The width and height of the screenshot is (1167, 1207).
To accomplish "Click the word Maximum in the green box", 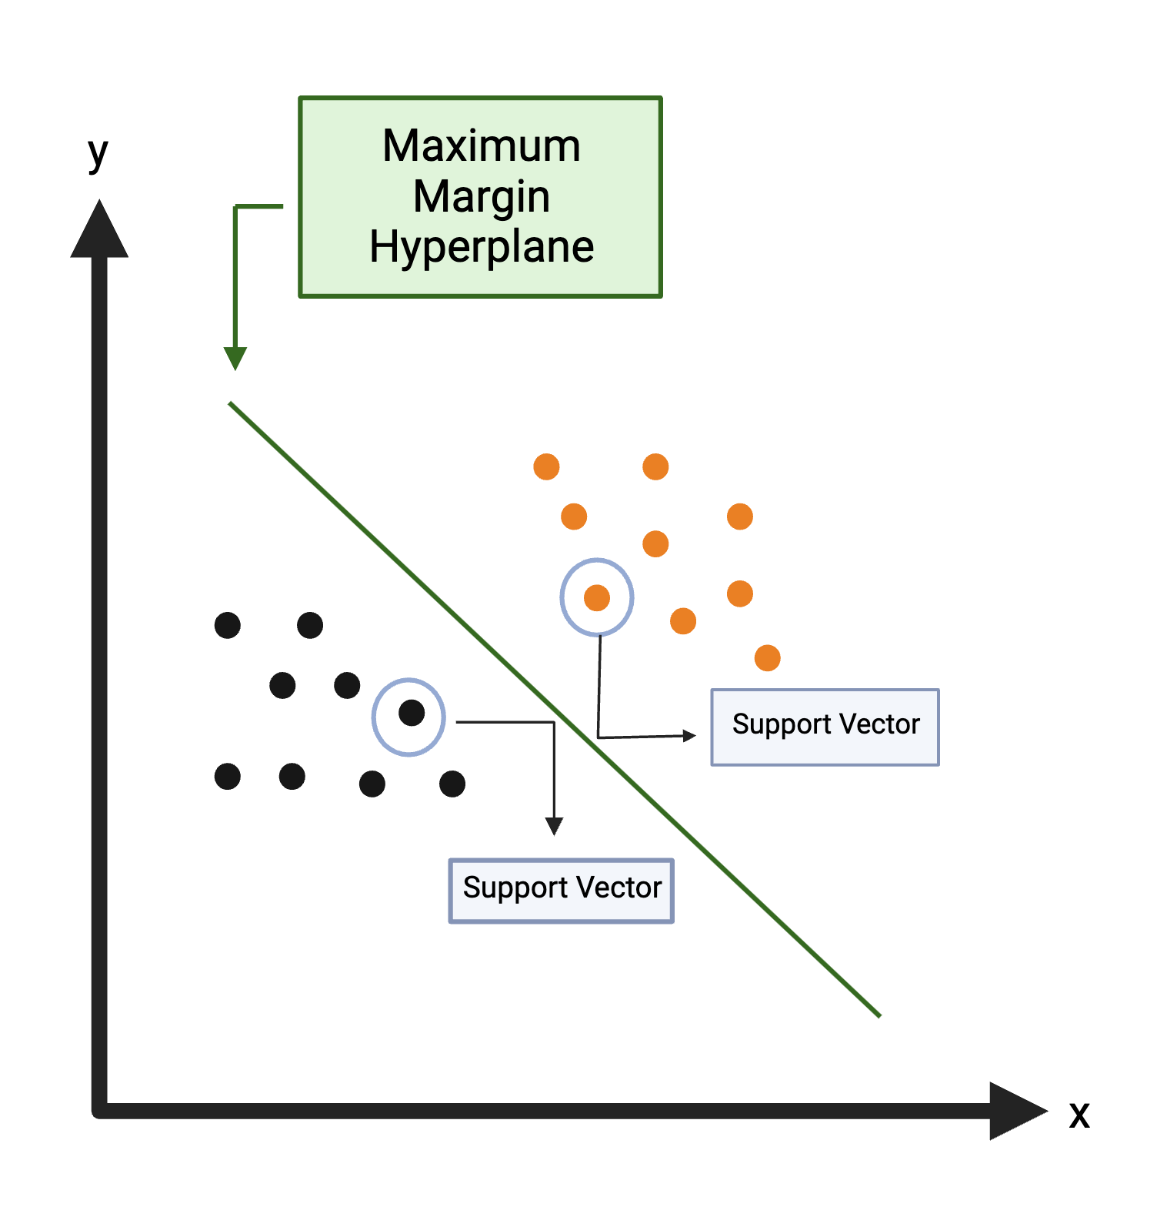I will (x=482, y=145).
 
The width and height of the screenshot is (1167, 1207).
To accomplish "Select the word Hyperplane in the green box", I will (x=482, y=247).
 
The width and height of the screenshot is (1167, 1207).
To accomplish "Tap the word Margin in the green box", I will (x=482, y=197).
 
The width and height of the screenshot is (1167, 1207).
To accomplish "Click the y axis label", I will (x=98, y=153).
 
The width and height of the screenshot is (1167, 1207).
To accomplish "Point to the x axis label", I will (x=1079, y=1114).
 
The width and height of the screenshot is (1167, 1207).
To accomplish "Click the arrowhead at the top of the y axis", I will (x=99, y=231).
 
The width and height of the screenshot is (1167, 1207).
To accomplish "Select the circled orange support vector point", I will (x=597, y=597).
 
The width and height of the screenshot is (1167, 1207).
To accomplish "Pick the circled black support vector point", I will (x=412, y=713).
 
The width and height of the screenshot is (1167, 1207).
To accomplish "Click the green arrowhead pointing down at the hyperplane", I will (x=235, y=358).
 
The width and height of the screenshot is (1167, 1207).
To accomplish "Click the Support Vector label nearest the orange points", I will (x=825, y=725).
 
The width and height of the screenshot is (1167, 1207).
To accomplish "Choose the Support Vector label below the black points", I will (x=562, y=888).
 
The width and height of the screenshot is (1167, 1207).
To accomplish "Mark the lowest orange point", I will (x=767, y=658).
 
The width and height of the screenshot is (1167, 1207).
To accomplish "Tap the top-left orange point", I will (x=546, y=466).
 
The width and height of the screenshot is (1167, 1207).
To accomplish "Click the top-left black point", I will (x=228, y=625).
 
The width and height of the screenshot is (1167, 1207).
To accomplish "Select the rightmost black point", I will (x=452, y=784).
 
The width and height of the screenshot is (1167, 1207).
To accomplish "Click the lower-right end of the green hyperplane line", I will (x=879, y=1015).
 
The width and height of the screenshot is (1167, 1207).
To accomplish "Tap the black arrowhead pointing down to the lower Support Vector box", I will (x=554, y=827).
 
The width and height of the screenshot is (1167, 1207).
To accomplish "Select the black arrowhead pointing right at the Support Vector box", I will (x=689, y=736).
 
